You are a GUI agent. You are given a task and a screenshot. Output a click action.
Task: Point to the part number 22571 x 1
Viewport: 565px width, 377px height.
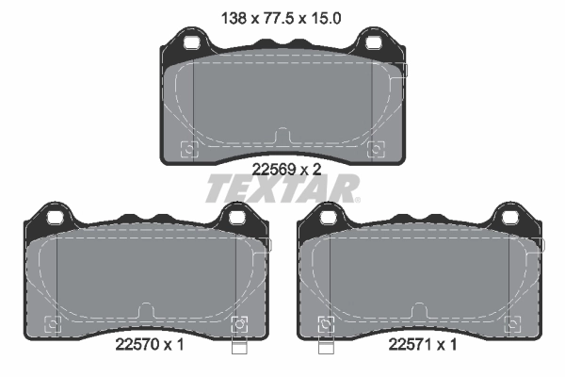(423, 345)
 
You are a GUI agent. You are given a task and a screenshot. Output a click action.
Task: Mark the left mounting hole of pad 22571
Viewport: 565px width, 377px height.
(328, 219)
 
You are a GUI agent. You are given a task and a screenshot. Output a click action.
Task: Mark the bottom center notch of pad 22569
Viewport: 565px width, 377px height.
(281, 135)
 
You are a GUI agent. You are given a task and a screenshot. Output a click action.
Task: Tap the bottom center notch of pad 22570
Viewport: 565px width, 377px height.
(146, 310)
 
